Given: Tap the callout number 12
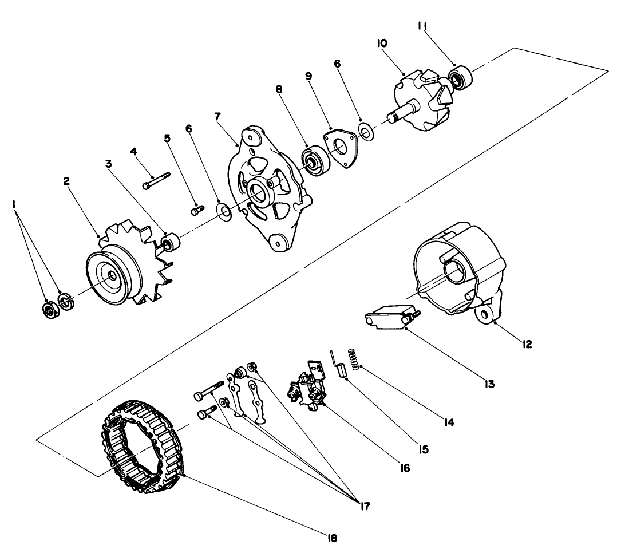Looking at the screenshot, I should click(527, 344).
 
